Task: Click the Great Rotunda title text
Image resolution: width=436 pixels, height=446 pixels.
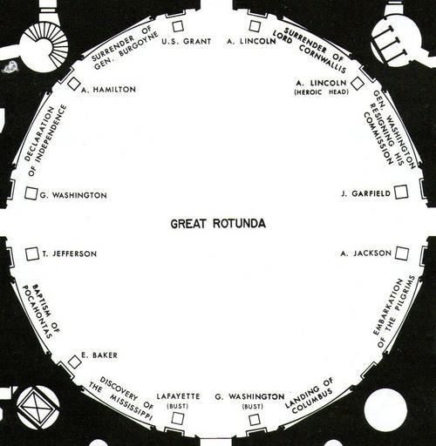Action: pos(218,224)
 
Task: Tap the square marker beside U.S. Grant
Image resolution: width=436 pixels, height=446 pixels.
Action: pos(178,26)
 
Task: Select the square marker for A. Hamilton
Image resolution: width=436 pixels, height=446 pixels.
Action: pos(73,84)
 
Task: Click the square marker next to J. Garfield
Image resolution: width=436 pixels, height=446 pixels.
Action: pos(401,193)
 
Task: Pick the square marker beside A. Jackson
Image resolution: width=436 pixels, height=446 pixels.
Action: pos(402,253)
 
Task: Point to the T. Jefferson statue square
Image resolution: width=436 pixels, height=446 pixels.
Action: pos(32,254)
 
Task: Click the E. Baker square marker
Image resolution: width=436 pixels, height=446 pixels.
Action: pos(74,362)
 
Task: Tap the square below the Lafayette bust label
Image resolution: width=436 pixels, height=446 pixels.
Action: pos(178,418)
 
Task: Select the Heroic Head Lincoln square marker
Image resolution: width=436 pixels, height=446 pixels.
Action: pos(358,84)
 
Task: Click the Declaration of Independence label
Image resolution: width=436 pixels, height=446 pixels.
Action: pos(45,140)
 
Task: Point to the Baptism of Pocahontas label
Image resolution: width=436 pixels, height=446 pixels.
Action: pos(41,311)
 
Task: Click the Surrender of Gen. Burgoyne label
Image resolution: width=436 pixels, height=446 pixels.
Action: pos(125,47)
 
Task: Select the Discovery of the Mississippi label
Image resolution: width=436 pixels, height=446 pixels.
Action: pos(121,398)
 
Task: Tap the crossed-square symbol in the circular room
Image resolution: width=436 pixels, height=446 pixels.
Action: pos(38,407)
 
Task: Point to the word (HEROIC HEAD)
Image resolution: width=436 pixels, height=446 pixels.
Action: pos(321,92)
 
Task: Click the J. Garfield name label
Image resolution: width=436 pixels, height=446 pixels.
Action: pos(366,193)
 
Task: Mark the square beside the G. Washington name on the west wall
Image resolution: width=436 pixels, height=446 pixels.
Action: pos(31,193)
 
